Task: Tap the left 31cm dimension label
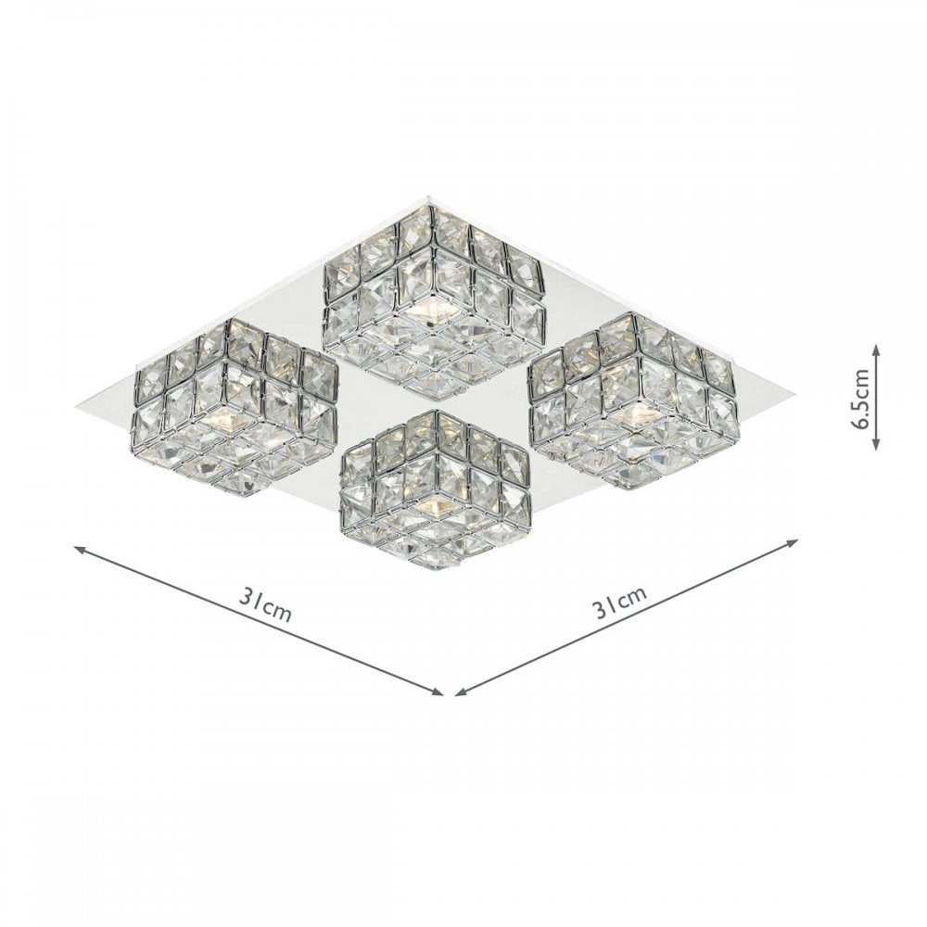[x=265, y=603]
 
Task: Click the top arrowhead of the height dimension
[x=876, y=351]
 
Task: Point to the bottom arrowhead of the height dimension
[x=876, y=444]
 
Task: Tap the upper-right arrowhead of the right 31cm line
[x=793, y=541]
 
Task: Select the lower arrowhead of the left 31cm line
[x=438, y=692]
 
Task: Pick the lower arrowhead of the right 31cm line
[x=461, y=692]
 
